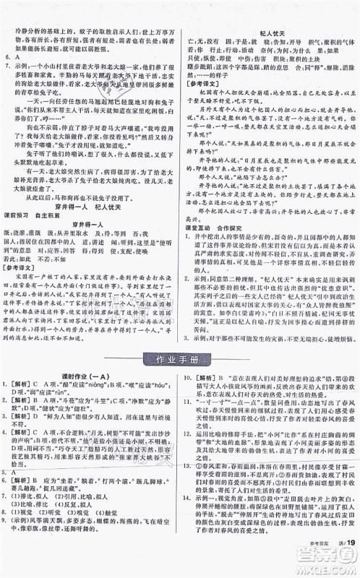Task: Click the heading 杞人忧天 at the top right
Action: [x=269, y=33]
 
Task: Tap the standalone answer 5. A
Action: [x=10, y=511]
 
